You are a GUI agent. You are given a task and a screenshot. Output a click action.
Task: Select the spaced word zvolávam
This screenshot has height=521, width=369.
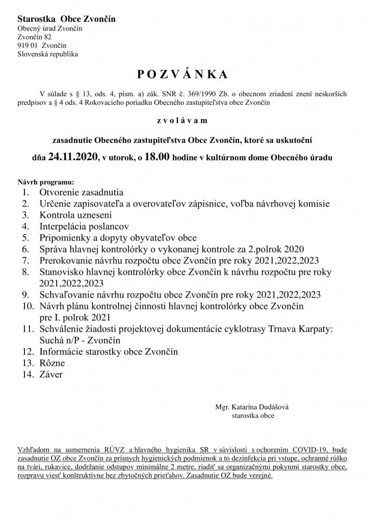(x=182, y=121)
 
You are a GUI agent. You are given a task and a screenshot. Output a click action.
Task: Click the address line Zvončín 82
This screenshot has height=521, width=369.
(x=34, y=37)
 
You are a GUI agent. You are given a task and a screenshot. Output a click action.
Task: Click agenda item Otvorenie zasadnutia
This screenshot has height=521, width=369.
(x=81, y=193)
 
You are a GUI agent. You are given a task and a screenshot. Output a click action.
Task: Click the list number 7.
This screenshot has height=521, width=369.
(x=25, y=260)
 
